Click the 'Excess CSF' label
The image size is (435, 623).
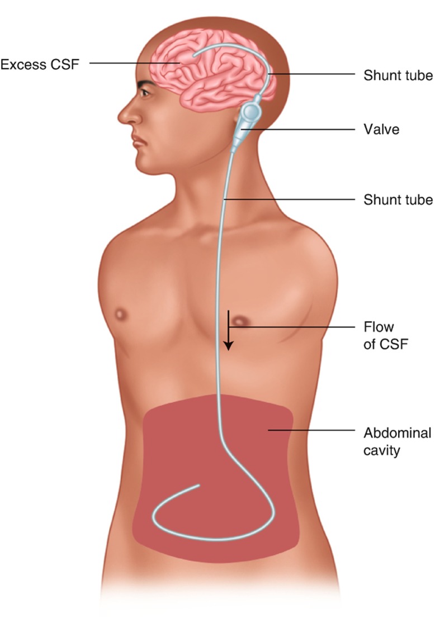39,64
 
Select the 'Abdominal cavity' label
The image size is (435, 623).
397,441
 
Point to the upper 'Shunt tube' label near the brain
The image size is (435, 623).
398,75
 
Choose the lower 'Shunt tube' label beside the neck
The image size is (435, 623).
398,199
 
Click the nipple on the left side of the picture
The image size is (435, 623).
120,315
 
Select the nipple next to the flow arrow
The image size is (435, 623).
242,321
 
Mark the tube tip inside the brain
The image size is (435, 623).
194,56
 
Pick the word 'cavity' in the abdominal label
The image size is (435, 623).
382,450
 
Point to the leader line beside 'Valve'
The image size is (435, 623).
302,130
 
